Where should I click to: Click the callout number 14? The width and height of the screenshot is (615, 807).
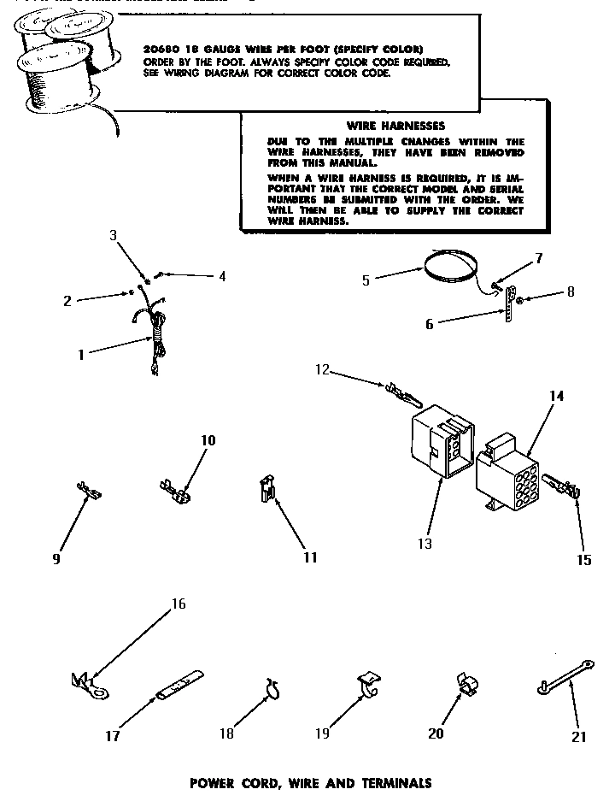(x=557, y=396)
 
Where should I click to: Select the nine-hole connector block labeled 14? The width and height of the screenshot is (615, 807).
(x=508, y=474)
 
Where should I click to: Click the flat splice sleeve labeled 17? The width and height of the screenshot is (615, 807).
(x=179, y=686)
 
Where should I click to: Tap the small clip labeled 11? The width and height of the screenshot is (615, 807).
(x=266, y=491)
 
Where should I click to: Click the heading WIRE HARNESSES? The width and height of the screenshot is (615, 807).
(x=383, y=125)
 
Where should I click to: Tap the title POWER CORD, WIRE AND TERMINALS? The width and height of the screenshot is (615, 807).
(x=309, y=782)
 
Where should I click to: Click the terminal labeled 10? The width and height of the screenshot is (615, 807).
(x=174, y=492)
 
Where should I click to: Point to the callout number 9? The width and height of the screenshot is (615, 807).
(x=56, y=560)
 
